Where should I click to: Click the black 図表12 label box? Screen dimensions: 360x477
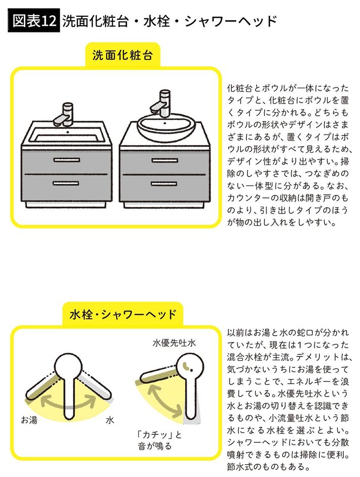(x=34, y=20)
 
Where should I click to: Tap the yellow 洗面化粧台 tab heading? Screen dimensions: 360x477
(x=122, y=55)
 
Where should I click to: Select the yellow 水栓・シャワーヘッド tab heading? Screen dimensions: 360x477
(x=123, y=314)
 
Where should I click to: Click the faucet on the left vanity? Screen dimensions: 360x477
(x=64, y=115)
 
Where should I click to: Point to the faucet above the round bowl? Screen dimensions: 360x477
(x=161, y=104)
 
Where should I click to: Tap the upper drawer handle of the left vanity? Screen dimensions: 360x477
(x=66, y=160)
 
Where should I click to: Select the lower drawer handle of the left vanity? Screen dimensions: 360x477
(x=66, y=183)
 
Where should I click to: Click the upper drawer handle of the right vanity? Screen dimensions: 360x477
(x=165, y=160)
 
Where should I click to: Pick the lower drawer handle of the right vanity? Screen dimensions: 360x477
(x=164, y=183)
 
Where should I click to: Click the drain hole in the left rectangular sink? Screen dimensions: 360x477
(x=68, y=132)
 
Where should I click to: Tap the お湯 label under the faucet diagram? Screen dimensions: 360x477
(x=29, y=420)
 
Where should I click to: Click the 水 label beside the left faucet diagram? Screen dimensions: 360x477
(x=110, y=420)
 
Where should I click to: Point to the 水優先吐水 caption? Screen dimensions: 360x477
(x=174, y=343)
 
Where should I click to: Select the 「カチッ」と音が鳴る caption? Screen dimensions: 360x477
(x=159, y=440)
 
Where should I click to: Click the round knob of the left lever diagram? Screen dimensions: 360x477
(x=69, y=367)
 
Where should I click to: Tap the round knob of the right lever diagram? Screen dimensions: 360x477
(x=190, y=366)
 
